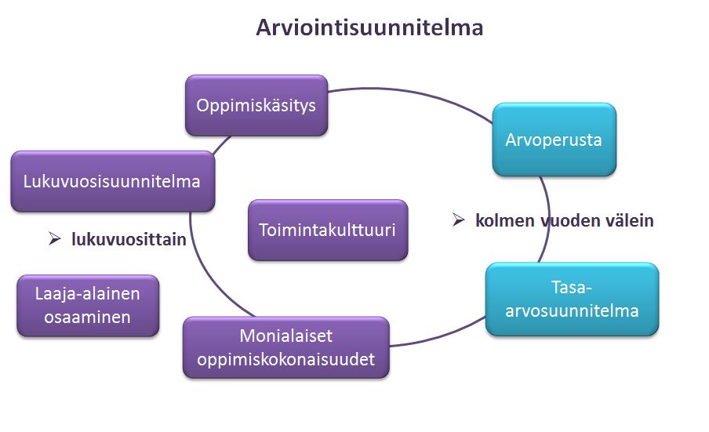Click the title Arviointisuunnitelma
(x=369, y=27)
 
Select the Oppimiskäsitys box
(x=256, y=105)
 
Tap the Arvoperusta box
(x=554, y=140)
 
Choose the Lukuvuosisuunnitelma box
(x=113, y=181)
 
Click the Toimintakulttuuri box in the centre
(x=328, y=230)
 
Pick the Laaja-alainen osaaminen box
(x=88, y=306)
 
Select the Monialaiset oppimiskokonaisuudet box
(x=285, y=347)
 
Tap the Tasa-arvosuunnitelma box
(x=572, y=299)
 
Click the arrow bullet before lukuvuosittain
(x=54, y=238)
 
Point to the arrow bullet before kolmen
(x=458, y=220)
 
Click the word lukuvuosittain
(x=129, y=239)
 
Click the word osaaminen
(x=87, y=318)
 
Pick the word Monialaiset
(x=285, y=336)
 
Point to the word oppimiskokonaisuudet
(x=285, y=360)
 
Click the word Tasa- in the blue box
(x=572, y=287)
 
